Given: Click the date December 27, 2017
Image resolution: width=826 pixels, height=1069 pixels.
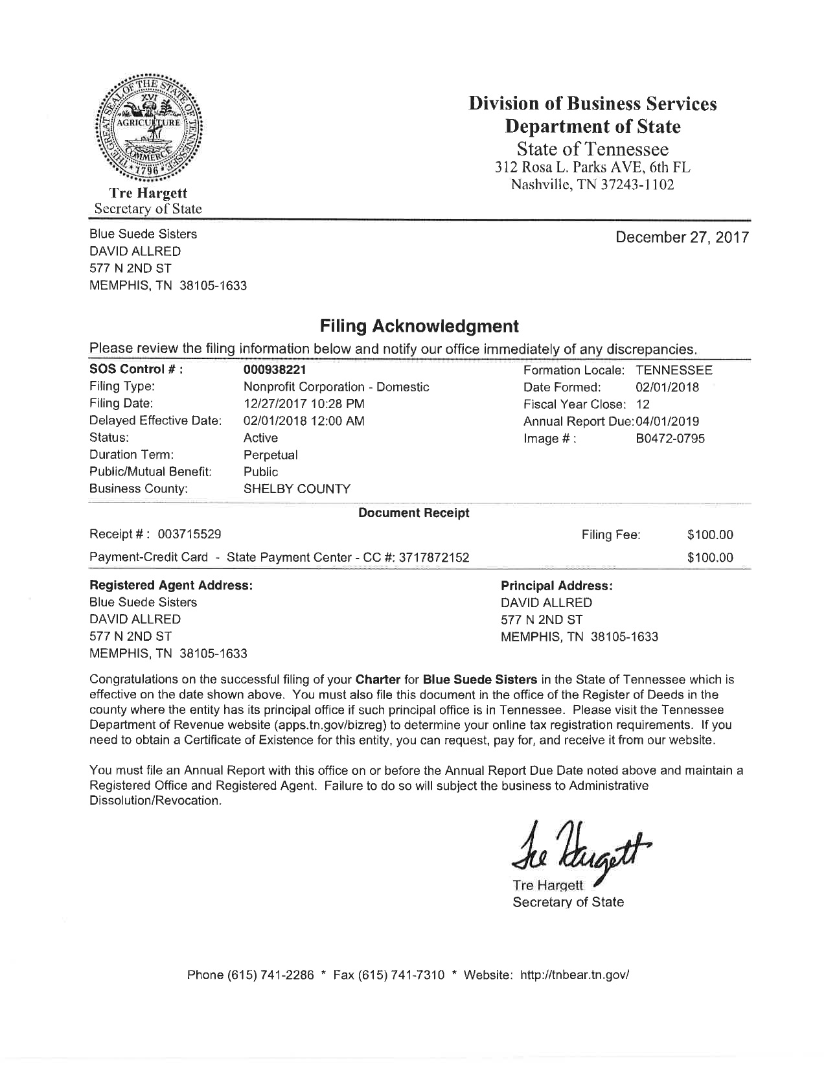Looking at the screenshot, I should [x=682, y=237].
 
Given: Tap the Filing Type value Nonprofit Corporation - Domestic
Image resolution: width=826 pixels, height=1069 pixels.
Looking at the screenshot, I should [x=336, y=387].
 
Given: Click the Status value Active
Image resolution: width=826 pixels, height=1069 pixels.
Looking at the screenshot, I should [x=260, y=438].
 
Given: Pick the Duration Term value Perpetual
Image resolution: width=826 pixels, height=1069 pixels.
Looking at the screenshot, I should [x=270, y=455].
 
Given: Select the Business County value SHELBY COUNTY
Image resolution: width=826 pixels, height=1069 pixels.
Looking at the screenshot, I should [x=297, y=489].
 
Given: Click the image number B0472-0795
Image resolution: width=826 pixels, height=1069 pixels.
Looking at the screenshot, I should [x=670, y=439].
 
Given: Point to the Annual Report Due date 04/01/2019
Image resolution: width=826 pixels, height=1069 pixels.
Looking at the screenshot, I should [x=667, y=422].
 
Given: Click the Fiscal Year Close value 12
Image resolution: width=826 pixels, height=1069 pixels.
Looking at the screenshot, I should [x=643, y=404].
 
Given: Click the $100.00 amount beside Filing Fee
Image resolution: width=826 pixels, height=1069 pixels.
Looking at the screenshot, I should [x=710, y=534].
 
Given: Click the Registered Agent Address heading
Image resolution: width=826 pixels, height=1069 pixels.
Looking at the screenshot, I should [x=170, y=586].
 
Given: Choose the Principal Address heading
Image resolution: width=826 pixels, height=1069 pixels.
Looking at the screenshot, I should [x=556, y=586].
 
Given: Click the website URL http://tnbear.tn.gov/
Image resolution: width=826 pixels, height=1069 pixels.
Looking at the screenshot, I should [x=575, y=975].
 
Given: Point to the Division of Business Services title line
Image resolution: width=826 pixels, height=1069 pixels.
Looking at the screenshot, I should [x=593, y=104].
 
